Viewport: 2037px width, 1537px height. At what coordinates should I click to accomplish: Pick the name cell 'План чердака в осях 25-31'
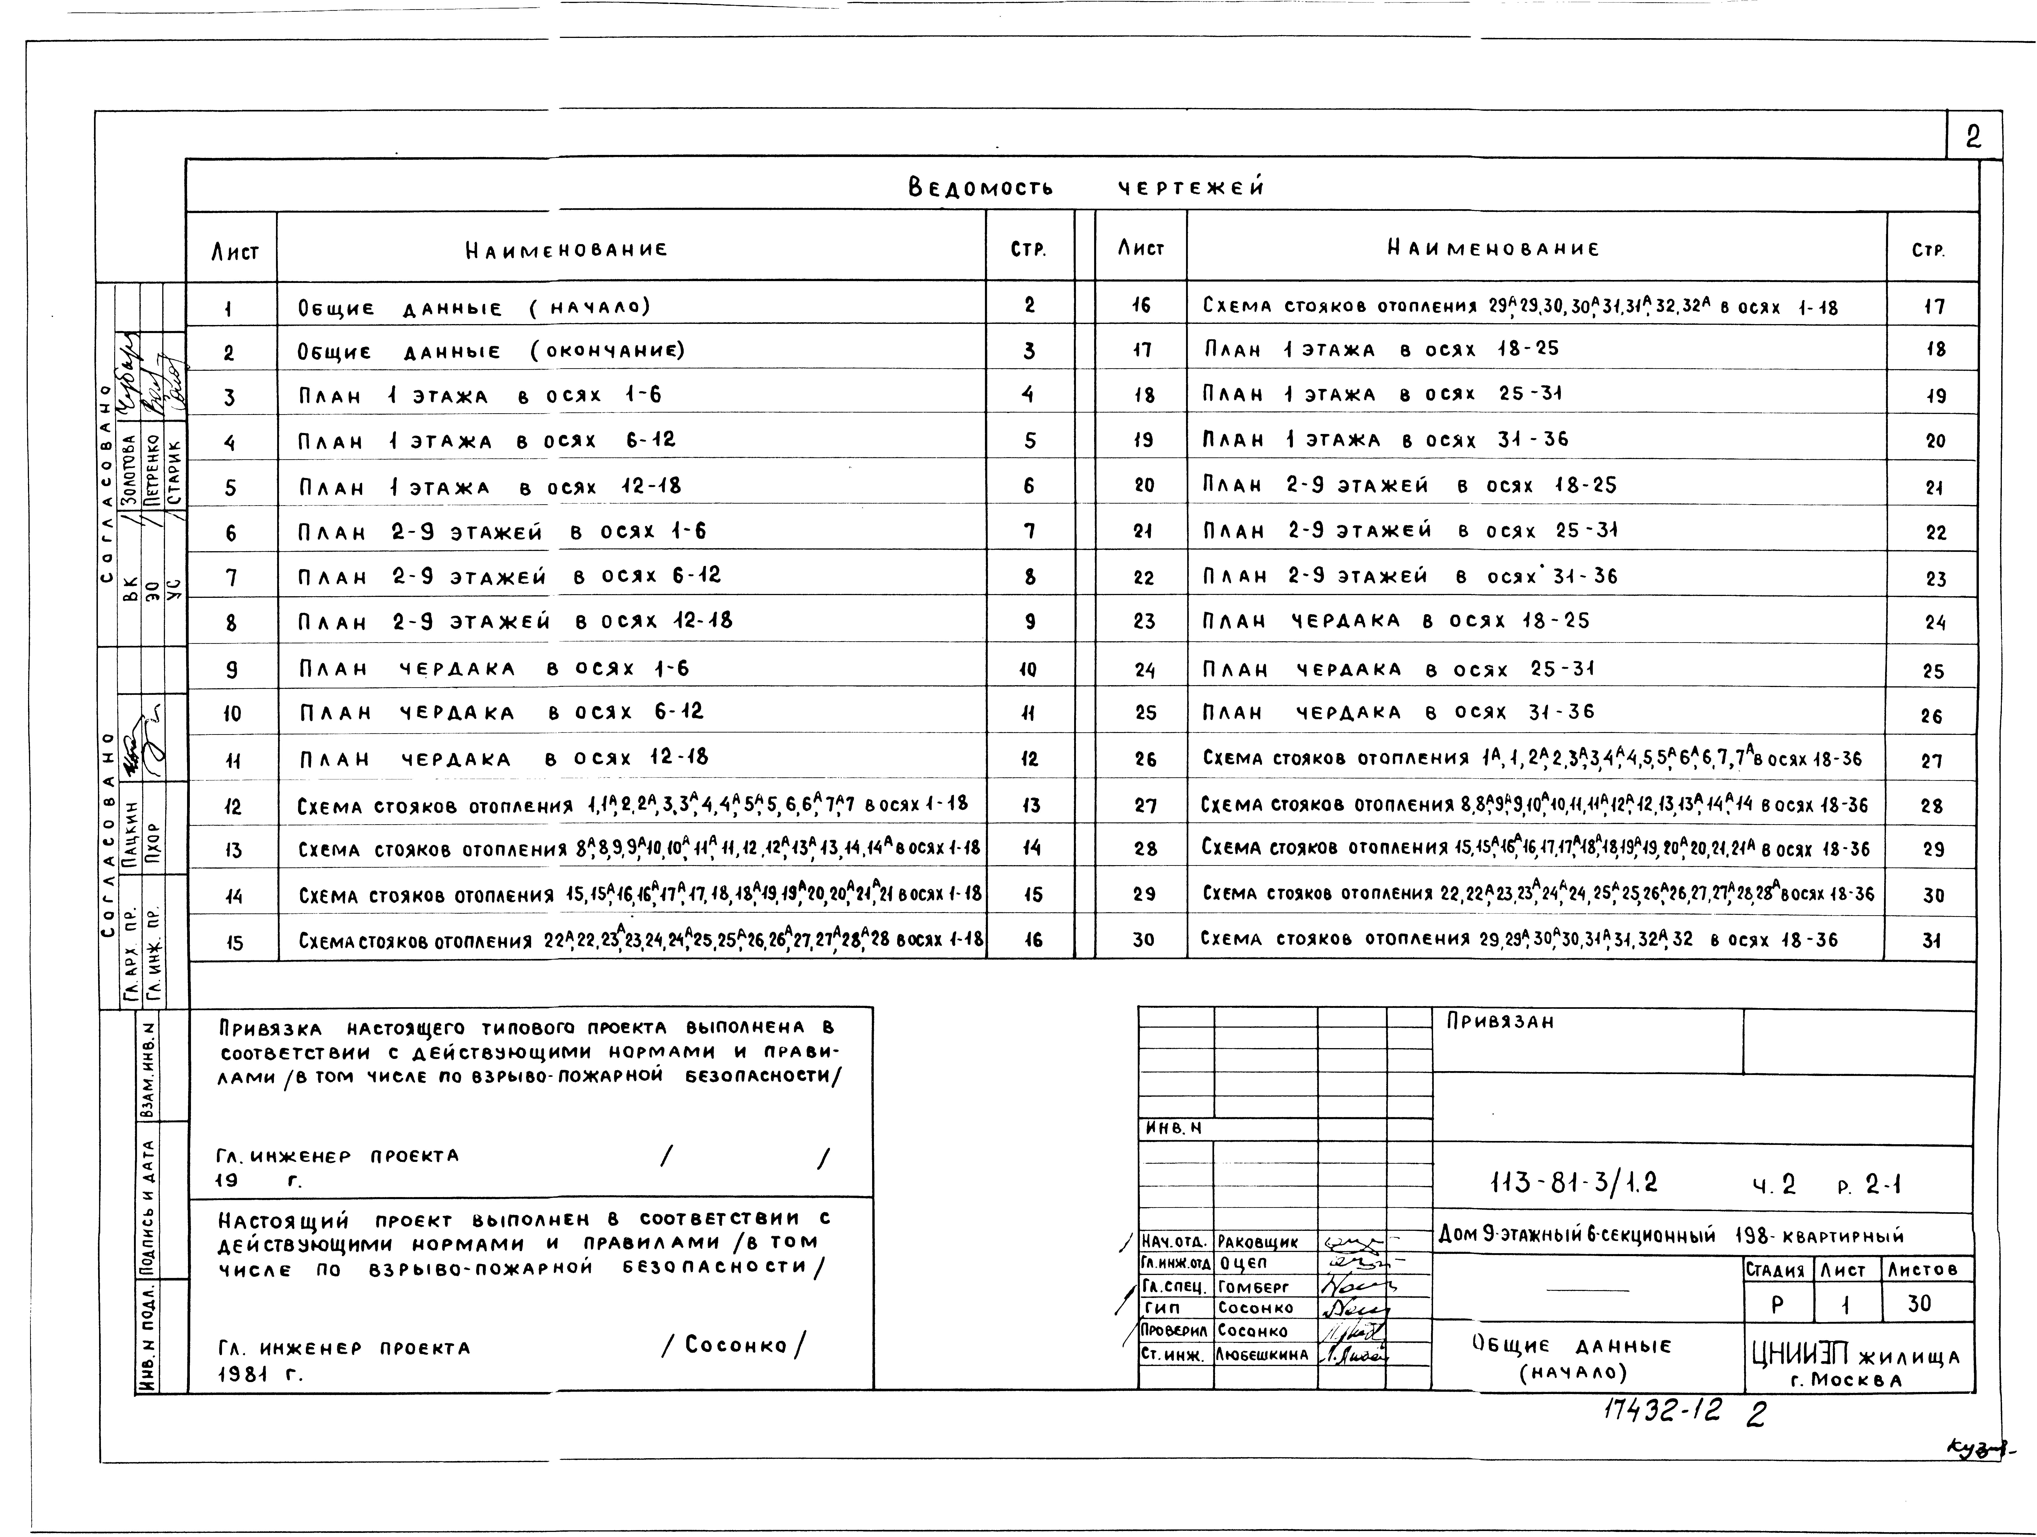1398,670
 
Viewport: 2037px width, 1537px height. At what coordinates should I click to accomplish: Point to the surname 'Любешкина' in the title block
1262,1355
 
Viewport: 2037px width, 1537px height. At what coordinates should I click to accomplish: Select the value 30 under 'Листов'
1920,1304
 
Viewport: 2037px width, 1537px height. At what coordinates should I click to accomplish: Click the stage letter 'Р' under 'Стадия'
1777,1305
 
